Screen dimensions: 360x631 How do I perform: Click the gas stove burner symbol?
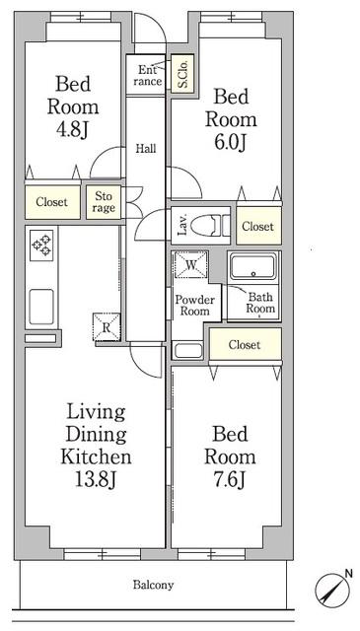tap(41, 245)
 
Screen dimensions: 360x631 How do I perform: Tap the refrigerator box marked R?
tap(107, 326)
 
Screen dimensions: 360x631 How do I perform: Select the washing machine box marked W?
tap(191, 264)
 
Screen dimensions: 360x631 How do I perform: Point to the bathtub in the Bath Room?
tap(252, 266)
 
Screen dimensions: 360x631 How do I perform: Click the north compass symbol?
tap(331, 588)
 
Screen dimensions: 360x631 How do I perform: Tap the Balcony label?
tap(154, 585)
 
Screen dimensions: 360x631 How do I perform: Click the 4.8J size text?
tap(73, 131)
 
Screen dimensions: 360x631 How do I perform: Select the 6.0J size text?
tap(230, 143)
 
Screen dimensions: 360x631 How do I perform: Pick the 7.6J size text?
tap(230, 480)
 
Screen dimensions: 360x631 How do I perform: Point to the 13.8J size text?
tap(96, 479)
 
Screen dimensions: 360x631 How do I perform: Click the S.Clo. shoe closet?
tap(182, 73)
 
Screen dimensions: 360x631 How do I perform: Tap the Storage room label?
tap(104, 202)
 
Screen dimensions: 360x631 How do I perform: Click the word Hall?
tap(145, 149)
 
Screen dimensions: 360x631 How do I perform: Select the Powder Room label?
tap(195, 306)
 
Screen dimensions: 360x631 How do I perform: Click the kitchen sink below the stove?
tap(41, 307)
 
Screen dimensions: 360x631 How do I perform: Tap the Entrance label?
tap(148, 76)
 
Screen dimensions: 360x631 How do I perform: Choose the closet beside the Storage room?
tap(52, 202)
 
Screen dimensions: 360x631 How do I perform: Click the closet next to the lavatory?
tap(258, 226)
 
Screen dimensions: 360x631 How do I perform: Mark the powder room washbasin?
tap(188, 351)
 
